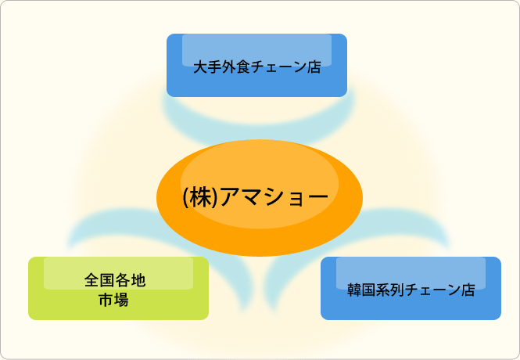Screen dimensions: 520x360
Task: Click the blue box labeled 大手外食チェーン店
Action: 256,66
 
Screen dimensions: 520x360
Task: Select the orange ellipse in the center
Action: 260,198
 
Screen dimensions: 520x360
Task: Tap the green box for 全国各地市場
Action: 118,288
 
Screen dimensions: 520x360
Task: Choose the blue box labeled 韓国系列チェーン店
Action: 411,288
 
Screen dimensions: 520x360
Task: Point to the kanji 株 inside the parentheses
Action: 201,197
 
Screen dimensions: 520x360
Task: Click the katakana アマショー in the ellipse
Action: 274,197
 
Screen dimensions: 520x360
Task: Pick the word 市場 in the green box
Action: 113,300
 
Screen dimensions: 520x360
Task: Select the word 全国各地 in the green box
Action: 115,280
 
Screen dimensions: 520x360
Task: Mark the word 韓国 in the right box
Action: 361,290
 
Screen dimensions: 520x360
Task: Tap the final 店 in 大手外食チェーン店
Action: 314,67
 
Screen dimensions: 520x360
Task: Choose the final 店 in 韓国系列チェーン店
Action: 468,290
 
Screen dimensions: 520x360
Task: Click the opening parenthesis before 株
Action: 186,197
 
